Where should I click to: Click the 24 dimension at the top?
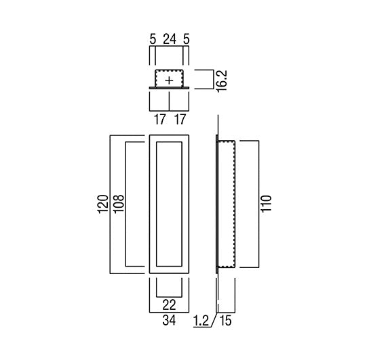(170, 39)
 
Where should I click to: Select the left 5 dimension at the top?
(153, 39)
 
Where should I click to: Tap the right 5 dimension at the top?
(186, 39)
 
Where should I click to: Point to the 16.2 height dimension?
(221, 81)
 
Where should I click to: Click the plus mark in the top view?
(169, 81)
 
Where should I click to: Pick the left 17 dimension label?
(160, 119)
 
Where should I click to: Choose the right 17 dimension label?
(180, 119)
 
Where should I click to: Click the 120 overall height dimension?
(103, 204)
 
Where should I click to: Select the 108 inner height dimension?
(119, 204)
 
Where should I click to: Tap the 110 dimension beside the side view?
(267, 204)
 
